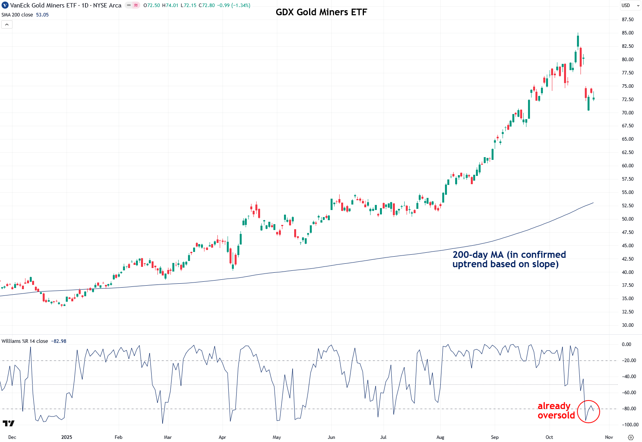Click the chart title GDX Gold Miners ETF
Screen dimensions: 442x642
coord(321,12)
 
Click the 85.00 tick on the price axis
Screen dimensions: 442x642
coord(628,33)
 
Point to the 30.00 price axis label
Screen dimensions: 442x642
coord(628,325)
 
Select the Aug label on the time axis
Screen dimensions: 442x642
coord(440,437)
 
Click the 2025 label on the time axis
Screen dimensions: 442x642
coord(67,437)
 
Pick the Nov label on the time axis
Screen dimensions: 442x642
coord(609,437)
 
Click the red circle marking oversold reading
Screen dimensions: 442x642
coord(588,411)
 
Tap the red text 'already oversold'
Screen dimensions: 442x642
coord(555,411)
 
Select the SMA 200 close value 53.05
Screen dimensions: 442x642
coord(42,15)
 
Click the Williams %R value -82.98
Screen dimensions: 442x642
coord(59,341)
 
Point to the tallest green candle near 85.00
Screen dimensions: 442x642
coord(578,41)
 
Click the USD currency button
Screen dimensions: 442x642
coord(626,5)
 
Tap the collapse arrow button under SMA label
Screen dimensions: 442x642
coord(7,25)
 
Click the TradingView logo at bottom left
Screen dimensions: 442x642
coord(9,423)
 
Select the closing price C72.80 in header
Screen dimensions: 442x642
coord(206,5)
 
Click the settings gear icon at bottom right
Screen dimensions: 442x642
coord(631,437)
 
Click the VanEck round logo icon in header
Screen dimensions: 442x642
coord(5,5)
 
